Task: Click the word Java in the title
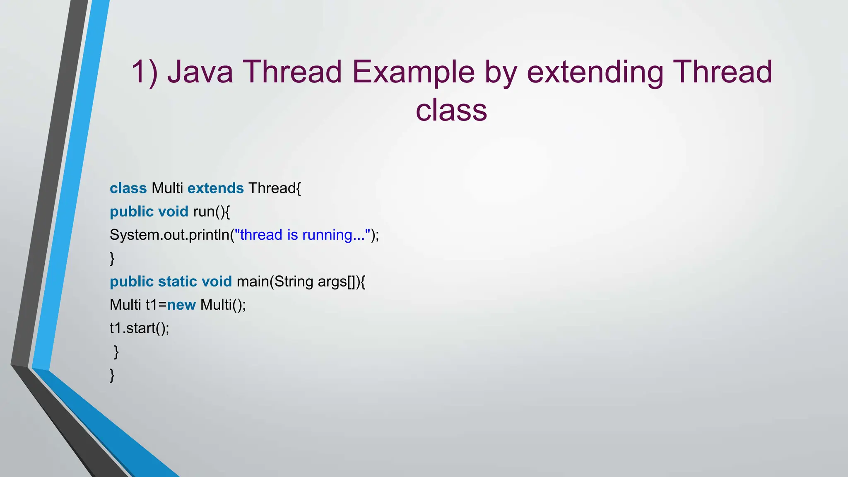(x=200, y=72)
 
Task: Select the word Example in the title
(x=413, y=72)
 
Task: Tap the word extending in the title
(x=595, y=72)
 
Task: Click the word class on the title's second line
(x=451, y=111)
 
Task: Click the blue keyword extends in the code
(x=215, y=188)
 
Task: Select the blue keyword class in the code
(x=128, y=188)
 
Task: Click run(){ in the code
(x=211, y=212)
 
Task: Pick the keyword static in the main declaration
(x=177, y=282)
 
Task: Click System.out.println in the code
(x=169, y=235)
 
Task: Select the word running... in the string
(x=333, y=235)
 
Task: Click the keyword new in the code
(x=181, y=305)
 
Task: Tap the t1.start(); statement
(x=139, y=328)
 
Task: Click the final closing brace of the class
(x=112, y=375)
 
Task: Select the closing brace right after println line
(x=112, y=258)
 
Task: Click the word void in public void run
(x=173, y=212)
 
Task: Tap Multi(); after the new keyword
(x=223, y=305)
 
